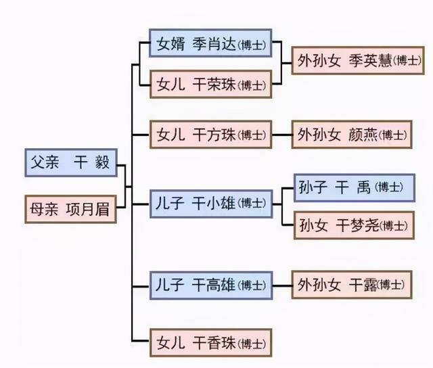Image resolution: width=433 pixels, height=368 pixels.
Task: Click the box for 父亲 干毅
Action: click(70, 163)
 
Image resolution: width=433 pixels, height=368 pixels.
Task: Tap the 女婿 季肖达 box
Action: click(210, 45)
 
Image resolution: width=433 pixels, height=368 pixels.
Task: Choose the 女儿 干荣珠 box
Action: click(210, 85)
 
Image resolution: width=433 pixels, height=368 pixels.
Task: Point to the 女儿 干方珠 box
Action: click(210, 135)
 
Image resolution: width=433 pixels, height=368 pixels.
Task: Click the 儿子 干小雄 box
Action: click(210, 202)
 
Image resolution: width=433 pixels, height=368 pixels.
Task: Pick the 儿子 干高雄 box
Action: click(210, 285)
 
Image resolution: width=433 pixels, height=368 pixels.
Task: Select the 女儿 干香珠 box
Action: click(210, 340)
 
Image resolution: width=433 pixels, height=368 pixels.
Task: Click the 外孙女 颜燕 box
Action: click(351, 135)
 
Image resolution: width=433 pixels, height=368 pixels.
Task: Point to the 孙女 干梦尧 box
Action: click(353, 225)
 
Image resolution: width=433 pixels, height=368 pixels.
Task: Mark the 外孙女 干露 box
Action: click(351, 285)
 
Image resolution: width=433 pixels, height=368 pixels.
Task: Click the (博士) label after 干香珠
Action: click(252, 341)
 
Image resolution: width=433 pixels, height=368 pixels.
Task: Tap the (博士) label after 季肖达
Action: click(252, 45)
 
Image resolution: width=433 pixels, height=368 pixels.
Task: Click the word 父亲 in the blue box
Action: click(45, 163)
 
